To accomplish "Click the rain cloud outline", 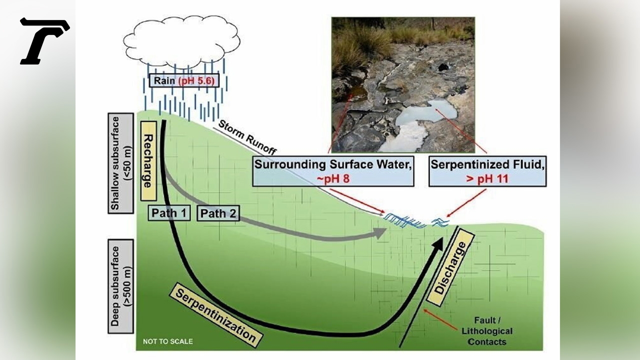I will pyautogui.click(x=181, y=40).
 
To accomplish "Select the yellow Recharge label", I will pyautogui.click(x=148, y=160).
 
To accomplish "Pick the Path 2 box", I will pyautogui.click(x=218, y=214).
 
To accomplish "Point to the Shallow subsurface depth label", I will pyautogui.click(x=120, y=163).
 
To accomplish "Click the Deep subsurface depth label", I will pyautogui.click(x=120, y=286).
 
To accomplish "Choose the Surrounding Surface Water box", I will pyautogui.click(x=333, y=171).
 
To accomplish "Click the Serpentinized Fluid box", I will pyautogui.click(x=487, y=171).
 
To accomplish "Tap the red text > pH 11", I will pyautogui.click(x=487, y=178).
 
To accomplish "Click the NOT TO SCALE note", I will pyautogui.click(x=167, y=341).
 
